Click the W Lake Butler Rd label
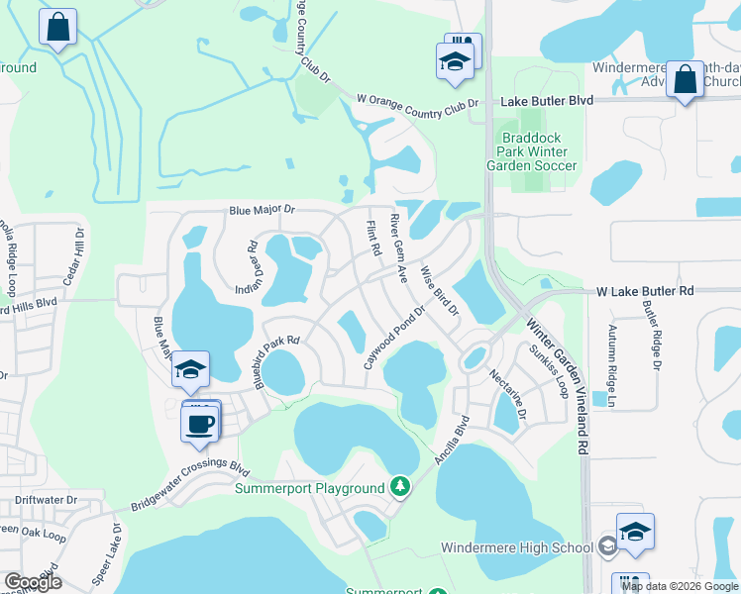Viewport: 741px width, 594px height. tap(645, 292)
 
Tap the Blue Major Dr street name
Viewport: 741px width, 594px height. tap(263, 210)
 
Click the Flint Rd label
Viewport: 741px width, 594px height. tap(374, 238)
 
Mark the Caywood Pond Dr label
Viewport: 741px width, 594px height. tap(393, 338)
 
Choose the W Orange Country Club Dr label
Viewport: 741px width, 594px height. tap(417, 101)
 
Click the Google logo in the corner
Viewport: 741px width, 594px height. tap(33, 582)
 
